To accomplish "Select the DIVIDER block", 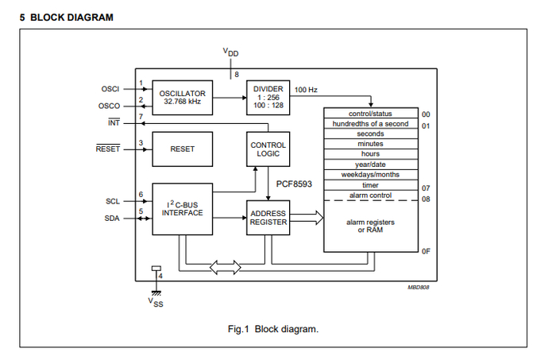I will [268, 95].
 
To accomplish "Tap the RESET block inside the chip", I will [182, 149].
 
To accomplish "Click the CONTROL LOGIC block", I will [268, 149].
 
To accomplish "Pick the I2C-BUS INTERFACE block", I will [182, 207].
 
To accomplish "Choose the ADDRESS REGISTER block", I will [268, 218].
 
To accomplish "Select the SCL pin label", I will [111, 202].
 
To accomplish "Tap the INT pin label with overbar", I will [114, 123].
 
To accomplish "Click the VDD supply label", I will [230, 53].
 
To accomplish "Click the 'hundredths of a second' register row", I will [370, 124].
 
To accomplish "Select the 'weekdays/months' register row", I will [370, 174].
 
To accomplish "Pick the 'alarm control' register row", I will [370, 195].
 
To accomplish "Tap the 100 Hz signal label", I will [306, 90].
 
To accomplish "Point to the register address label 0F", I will [426, 251].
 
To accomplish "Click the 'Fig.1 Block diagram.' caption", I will [272, 329].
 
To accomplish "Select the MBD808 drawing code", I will [419, 287].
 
